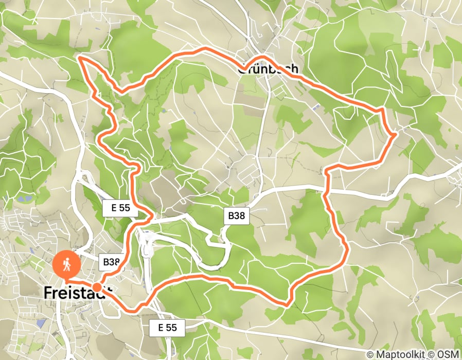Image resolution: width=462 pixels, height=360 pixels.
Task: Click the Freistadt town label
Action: pos(77,292)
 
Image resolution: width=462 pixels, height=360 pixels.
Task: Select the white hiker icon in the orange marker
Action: pos(66,264)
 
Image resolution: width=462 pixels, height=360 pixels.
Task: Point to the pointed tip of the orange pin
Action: pos(66,280)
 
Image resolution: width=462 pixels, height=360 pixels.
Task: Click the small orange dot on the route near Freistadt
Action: pos(97,287)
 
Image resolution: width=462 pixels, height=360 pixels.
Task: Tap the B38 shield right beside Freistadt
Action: pos(111,262)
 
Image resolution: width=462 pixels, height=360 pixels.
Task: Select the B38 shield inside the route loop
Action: pos(237,216)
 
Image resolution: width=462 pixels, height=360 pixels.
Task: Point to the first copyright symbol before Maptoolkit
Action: pos(370,354)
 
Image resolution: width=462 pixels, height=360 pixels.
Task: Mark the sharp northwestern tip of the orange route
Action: pos(80,58)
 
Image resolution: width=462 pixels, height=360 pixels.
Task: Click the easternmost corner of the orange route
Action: pos(395,135)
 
